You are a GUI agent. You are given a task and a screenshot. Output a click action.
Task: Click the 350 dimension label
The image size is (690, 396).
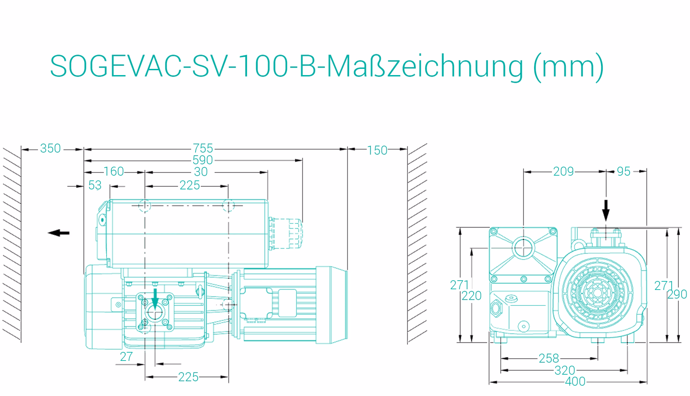tap(50, 148)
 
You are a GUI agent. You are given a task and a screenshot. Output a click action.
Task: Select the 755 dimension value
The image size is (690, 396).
tap(203, 148)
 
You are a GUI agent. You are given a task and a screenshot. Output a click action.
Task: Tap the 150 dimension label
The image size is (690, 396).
tap(377, 150)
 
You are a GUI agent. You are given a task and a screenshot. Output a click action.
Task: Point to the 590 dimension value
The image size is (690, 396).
tap(203, 160)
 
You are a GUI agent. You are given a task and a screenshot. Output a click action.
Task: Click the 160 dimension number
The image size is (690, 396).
tap(114, 171)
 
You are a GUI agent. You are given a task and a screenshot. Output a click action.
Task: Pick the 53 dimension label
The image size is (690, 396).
tap(95, 185)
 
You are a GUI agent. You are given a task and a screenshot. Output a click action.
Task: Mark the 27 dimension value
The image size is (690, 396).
tap(126, 357)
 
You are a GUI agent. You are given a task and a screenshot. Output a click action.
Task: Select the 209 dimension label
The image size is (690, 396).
tap(563, 171)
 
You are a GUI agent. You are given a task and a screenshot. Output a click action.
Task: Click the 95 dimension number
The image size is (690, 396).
tap(623, 171)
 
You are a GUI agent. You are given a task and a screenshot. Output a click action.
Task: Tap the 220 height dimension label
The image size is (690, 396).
tap(472, 295)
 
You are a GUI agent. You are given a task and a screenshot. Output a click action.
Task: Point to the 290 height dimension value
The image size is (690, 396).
tap(677, 294)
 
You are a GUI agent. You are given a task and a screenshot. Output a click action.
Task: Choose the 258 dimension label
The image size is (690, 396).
tap(549, 358)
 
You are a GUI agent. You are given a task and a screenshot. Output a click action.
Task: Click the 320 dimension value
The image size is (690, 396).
tap(565, 370)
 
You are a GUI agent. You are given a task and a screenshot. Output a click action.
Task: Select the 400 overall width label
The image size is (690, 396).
tap(575, 382)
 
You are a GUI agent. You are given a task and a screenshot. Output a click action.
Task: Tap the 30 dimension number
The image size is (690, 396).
tap(201, 172)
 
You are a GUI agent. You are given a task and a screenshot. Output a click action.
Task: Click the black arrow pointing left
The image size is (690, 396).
tap(59, 233)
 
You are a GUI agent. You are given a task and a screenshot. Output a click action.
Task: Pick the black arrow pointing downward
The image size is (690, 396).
tap(606, 210)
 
